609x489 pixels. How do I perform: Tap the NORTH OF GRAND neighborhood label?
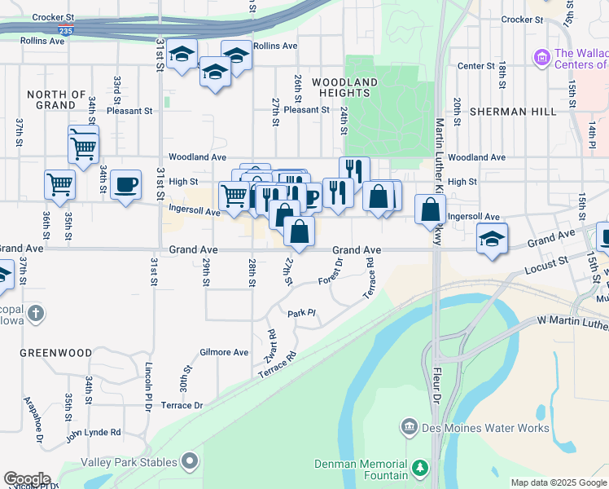point(57,99)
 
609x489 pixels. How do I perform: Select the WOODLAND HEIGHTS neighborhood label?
point(344,87)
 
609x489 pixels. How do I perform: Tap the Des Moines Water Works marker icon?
point(410,427)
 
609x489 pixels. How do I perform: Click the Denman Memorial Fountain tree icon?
point(420,468)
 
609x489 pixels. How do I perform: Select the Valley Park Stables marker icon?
point(190,462)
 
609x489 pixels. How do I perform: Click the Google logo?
point(27,479)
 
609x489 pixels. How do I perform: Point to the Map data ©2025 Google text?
point(559,482)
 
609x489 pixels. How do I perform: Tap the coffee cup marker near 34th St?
point(125,186)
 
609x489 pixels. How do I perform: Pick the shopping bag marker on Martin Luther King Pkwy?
point(430,210)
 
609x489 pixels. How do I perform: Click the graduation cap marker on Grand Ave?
point(492,239)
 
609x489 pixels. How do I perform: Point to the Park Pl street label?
point(300,313)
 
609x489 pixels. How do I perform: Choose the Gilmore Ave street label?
point(224,352)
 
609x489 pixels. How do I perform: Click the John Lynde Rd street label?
point(93,432)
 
